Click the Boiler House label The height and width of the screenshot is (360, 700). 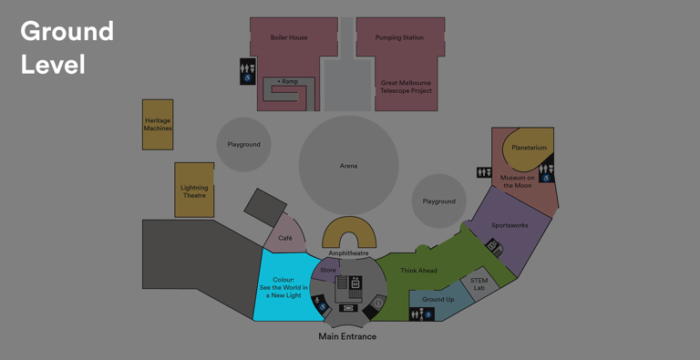[x=289, y=38]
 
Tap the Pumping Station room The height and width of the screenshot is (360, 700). [x=400, y=38]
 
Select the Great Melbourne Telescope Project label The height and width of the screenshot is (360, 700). [x=406, y=87]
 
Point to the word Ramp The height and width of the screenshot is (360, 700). [x=290, y=82]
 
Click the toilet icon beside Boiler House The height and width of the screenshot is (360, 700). [x=247, y=72]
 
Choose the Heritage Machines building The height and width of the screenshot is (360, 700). [x=158, y=125]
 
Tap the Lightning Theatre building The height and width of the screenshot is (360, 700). [x=194, y=190]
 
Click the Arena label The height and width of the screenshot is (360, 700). [x=348, y=166]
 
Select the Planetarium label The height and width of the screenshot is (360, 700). [x=529, y=148]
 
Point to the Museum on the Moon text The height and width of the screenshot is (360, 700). [x=517, y=181]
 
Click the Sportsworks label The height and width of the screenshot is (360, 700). [x=510, y=225]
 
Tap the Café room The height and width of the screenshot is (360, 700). [x=285, y=238]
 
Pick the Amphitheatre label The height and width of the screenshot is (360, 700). [x=349, y=253]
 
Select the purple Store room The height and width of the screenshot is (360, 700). [x=328, y=270]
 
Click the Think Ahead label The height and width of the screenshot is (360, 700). [x=418, y=271]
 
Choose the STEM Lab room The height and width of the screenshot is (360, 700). [x=479, y=284]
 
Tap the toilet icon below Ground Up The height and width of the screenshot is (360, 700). [x=421, y=314]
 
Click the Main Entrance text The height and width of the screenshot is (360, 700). [x=347, y=336]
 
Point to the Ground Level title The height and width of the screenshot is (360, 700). [x=67, y=47]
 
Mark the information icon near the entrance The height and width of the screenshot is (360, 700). [x=378, y=303]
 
